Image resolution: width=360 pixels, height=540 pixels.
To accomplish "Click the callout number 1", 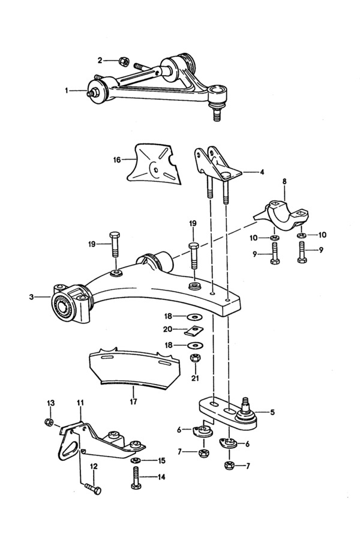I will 67,91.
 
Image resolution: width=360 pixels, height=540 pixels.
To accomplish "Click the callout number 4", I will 262,172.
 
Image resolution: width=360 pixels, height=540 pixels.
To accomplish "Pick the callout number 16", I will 116,160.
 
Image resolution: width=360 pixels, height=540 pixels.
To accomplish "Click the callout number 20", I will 167,329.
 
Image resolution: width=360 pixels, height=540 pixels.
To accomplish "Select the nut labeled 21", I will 194,359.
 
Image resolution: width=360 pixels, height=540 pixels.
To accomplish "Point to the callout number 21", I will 194,377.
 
